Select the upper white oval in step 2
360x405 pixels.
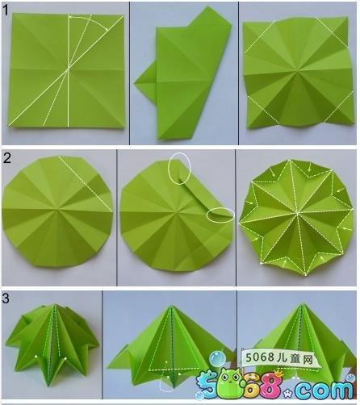point(179,169)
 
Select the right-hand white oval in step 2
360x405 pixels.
point(220,215)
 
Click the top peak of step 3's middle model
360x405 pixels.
point(171,307)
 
